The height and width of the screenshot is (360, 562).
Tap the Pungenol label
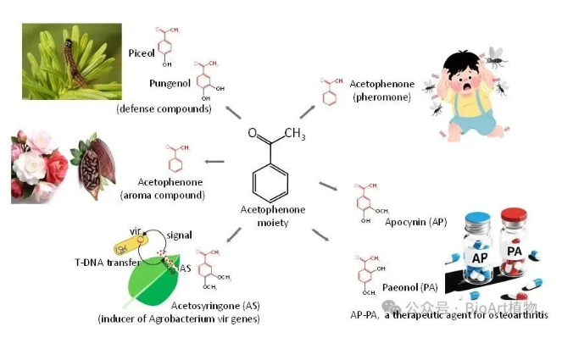(x=167, y=84)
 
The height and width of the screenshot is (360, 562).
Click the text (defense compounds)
(x=164, y=109)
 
